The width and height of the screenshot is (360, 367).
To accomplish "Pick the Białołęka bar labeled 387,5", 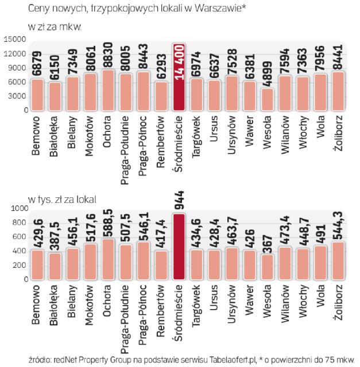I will [x=55, y=266].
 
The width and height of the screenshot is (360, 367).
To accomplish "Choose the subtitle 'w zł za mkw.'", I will [x=55, y=26].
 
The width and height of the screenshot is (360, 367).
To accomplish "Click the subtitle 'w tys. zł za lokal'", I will [x=63, y=199].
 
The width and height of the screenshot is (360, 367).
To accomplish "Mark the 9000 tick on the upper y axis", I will [x=16, y=68].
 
